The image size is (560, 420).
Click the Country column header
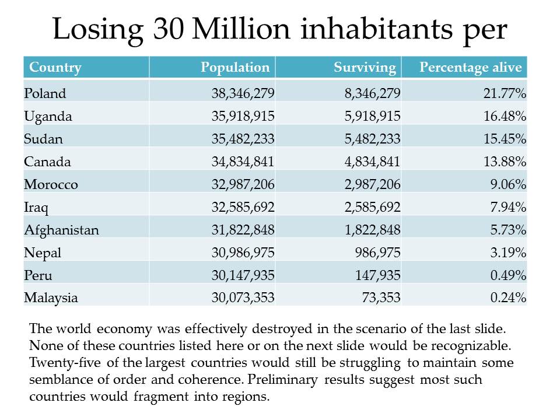pyautogui.click(x=55, y=67)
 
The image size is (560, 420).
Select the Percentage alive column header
pyautogui.click(x=470, y=67)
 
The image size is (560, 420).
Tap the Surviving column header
pyautogui.click(x=365, y=67)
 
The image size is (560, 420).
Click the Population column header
pyautogui.click(x=235, y=67)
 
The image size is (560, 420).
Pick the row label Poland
pyautogui.click(x=45, y=93)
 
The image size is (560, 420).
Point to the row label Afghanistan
pyautogui.click(x=61, y=230)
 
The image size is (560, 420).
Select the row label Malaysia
pyautogui.click(x=51, y=297)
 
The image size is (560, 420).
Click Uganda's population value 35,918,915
pyautogui.click(x=243, y=116)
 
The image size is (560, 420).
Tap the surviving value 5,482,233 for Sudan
pyautogui.click(x=369, y=139)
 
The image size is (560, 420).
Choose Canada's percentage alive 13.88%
pyautogui.click(x=505, y=162)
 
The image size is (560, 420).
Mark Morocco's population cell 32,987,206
pyautogui.click(x=243, y=184)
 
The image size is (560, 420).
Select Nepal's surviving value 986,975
pyautogui.click(x=376, y=253)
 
